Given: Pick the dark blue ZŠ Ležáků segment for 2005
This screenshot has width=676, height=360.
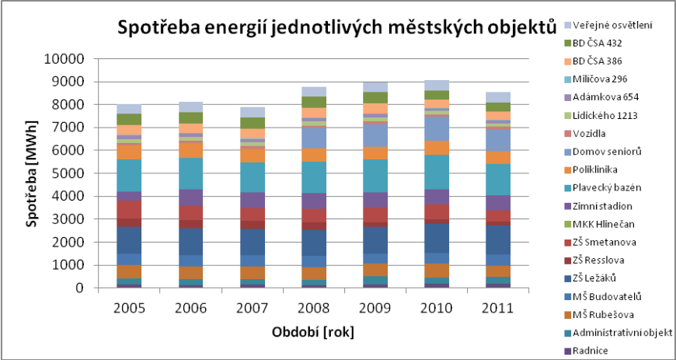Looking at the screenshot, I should tap(130, 240).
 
